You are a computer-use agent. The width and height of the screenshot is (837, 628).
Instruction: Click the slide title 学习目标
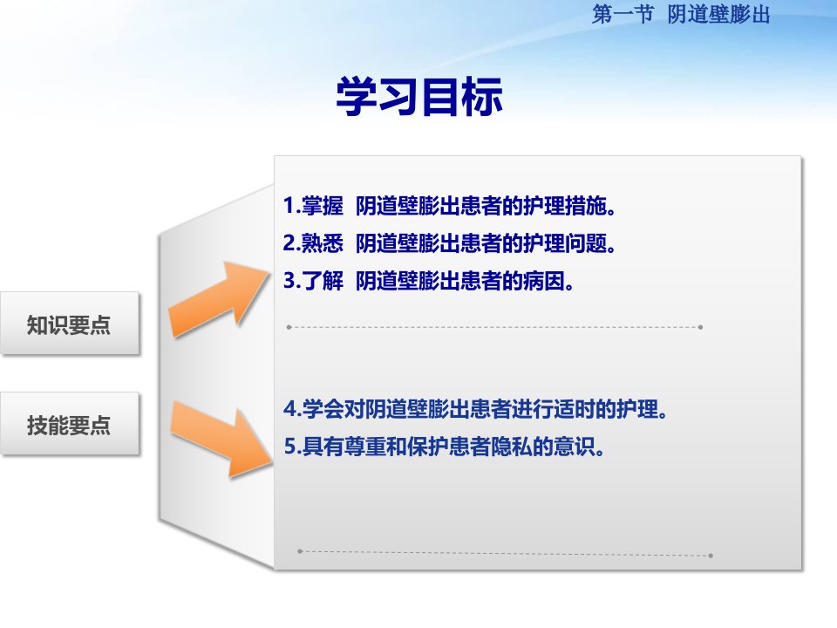(x=419, y=96)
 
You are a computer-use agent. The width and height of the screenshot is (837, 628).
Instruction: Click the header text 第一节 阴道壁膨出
(x=681, y=15)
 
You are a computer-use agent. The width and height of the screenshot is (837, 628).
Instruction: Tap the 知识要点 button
(x=70, y=323)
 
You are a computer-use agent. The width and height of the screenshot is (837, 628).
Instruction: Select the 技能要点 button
(x=70, y=424)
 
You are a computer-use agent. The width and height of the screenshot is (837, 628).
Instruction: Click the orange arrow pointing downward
(x=221, y=439)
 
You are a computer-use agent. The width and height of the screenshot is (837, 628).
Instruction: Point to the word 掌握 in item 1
(x=323, y=206)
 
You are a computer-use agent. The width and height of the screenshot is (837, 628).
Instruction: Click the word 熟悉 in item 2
(x=323, y=243)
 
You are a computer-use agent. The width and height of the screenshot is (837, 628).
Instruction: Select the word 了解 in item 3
(x=323, y=281)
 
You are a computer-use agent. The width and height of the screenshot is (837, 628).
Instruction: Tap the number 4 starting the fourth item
(x=289, y=409)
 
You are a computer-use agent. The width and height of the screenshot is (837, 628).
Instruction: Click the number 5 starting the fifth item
(x=289, y=447)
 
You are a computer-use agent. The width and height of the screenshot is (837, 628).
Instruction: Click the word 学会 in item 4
(x=323, y=409)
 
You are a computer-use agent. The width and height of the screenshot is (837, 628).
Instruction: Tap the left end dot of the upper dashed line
(x=289, y=327)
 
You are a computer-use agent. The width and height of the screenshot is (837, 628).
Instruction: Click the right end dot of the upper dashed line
(x=700, y=327)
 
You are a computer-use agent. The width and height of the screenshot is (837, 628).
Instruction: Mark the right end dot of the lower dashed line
(x=711, y=556)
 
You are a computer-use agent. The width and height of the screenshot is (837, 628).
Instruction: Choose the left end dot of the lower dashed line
(x=300, y=551)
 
